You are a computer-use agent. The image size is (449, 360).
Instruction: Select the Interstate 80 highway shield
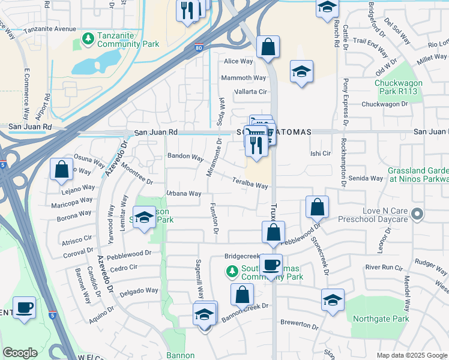[x=199, y=49]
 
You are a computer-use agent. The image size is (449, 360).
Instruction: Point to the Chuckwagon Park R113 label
[x=399, y=87]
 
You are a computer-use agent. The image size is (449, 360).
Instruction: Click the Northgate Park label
[x=382, y=319]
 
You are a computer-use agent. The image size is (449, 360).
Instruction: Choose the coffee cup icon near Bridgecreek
[x=271, y=265]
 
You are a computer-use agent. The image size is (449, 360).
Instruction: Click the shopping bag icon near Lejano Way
[x=61, y=169]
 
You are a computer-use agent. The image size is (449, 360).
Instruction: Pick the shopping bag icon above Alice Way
[x=268, y=46]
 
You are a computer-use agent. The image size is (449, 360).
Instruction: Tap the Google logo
[x=20, y=353]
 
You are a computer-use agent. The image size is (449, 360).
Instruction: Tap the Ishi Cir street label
[x=321, y=154]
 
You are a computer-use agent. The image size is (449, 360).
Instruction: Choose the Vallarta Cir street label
[x=250, y=92]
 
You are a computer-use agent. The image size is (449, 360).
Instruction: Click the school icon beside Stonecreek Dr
[x=333, y=299]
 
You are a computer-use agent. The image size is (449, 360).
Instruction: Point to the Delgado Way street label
[x=139, y=291]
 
